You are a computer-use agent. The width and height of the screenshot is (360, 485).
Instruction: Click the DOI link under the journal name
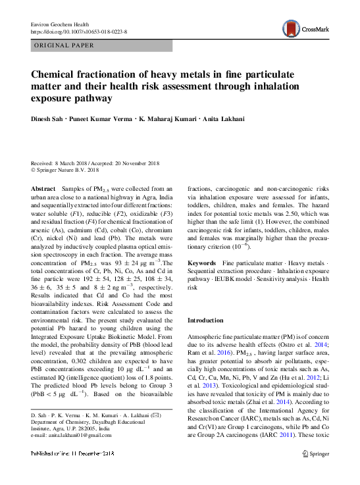click(x=79, y=32)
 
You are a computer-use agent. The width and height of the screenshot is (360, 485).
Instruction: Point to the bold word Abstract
click(x=43, y=188)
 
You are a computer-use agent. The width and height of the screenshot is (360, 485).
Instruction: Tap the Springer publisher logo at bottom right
click(x=315, y=453)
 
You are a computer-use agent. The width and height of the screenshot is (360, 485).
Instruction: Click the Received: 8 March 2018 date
click(x=61, y=163)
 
